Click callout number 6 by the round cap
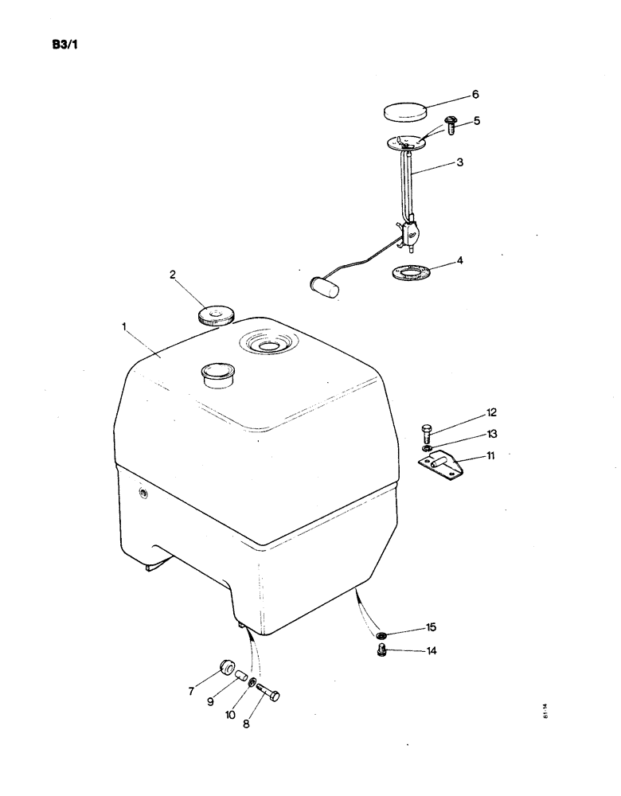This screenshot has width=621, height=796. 475,94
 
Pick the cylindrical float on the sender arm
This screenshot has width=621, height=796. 323,286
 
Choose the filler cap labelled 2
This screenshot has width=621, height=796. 214,315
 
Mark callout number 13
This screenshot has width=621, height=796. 491,434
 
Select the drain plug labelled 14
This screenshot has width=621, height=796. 381,652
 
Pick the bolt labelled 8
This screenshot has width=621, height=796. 269,693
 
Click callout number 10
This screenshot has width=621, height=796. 230,715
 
